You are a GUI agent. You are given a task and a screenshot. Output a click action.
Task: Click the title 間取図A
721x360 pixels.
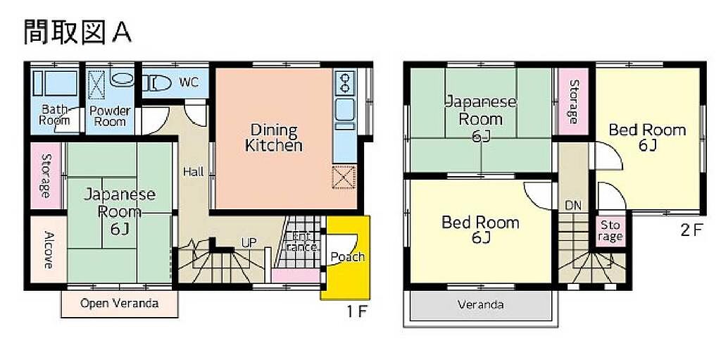click(x=77, y=32)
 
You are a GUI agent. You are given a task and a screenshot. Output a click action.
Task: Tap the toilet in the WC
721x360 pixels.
click(x=157, y=83)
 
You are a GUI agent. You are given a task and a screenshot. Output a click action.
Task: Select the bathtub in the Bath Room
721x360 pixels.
click(x=56, y=83)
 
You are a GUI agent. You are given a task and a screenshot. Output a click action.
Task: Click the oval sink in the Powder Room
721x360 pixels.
click(x=122, y=79)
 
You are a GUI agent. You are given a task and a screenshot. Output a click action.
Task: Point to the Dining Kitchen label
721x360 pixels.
click(x=274, y=137)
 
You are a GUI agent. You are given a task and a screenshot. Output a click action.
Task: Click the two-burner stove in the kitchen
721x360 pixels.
click(x=344, y=83)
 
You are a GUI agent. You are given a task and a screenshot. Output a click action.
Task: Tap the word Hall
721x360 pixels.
click(x=194, y=172)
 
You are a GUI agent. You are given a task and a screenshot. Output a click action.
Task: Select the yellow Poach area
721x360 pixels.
click(x=345, y=258)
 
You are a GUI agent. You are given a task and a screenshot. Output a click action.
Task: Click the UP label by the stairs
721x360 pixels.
click(x=249, y=242)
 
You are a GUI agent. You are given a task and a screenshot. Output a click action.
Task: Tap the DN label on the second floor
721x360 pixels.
click(x=573, y=205)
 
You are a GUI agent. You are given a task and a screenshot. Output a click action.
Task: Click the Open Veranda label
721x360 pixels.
click(x=120, y=304)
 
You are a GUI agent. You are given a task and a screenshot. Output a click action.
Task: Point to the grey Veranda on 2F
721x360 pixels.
click(x=480, y=305)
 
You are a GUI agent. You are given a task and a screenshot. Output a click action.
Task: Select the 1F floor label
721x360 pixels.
click(x=356, y=311)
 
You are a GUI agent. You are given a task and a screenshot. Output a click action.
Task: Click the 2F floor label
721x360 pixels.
click(x=691, y=230)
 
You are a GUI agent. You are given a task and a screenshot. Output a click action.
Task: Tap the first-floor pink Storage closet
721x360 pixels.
click(x=46, y=175)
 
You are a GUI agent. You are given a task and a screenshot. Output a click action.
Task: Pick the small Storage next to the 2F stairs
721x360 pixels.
click(x=610, y=232)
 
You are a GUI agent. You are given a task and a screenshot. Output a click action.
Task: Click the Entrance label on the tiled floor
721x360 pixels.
click(x=301, y=241)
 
